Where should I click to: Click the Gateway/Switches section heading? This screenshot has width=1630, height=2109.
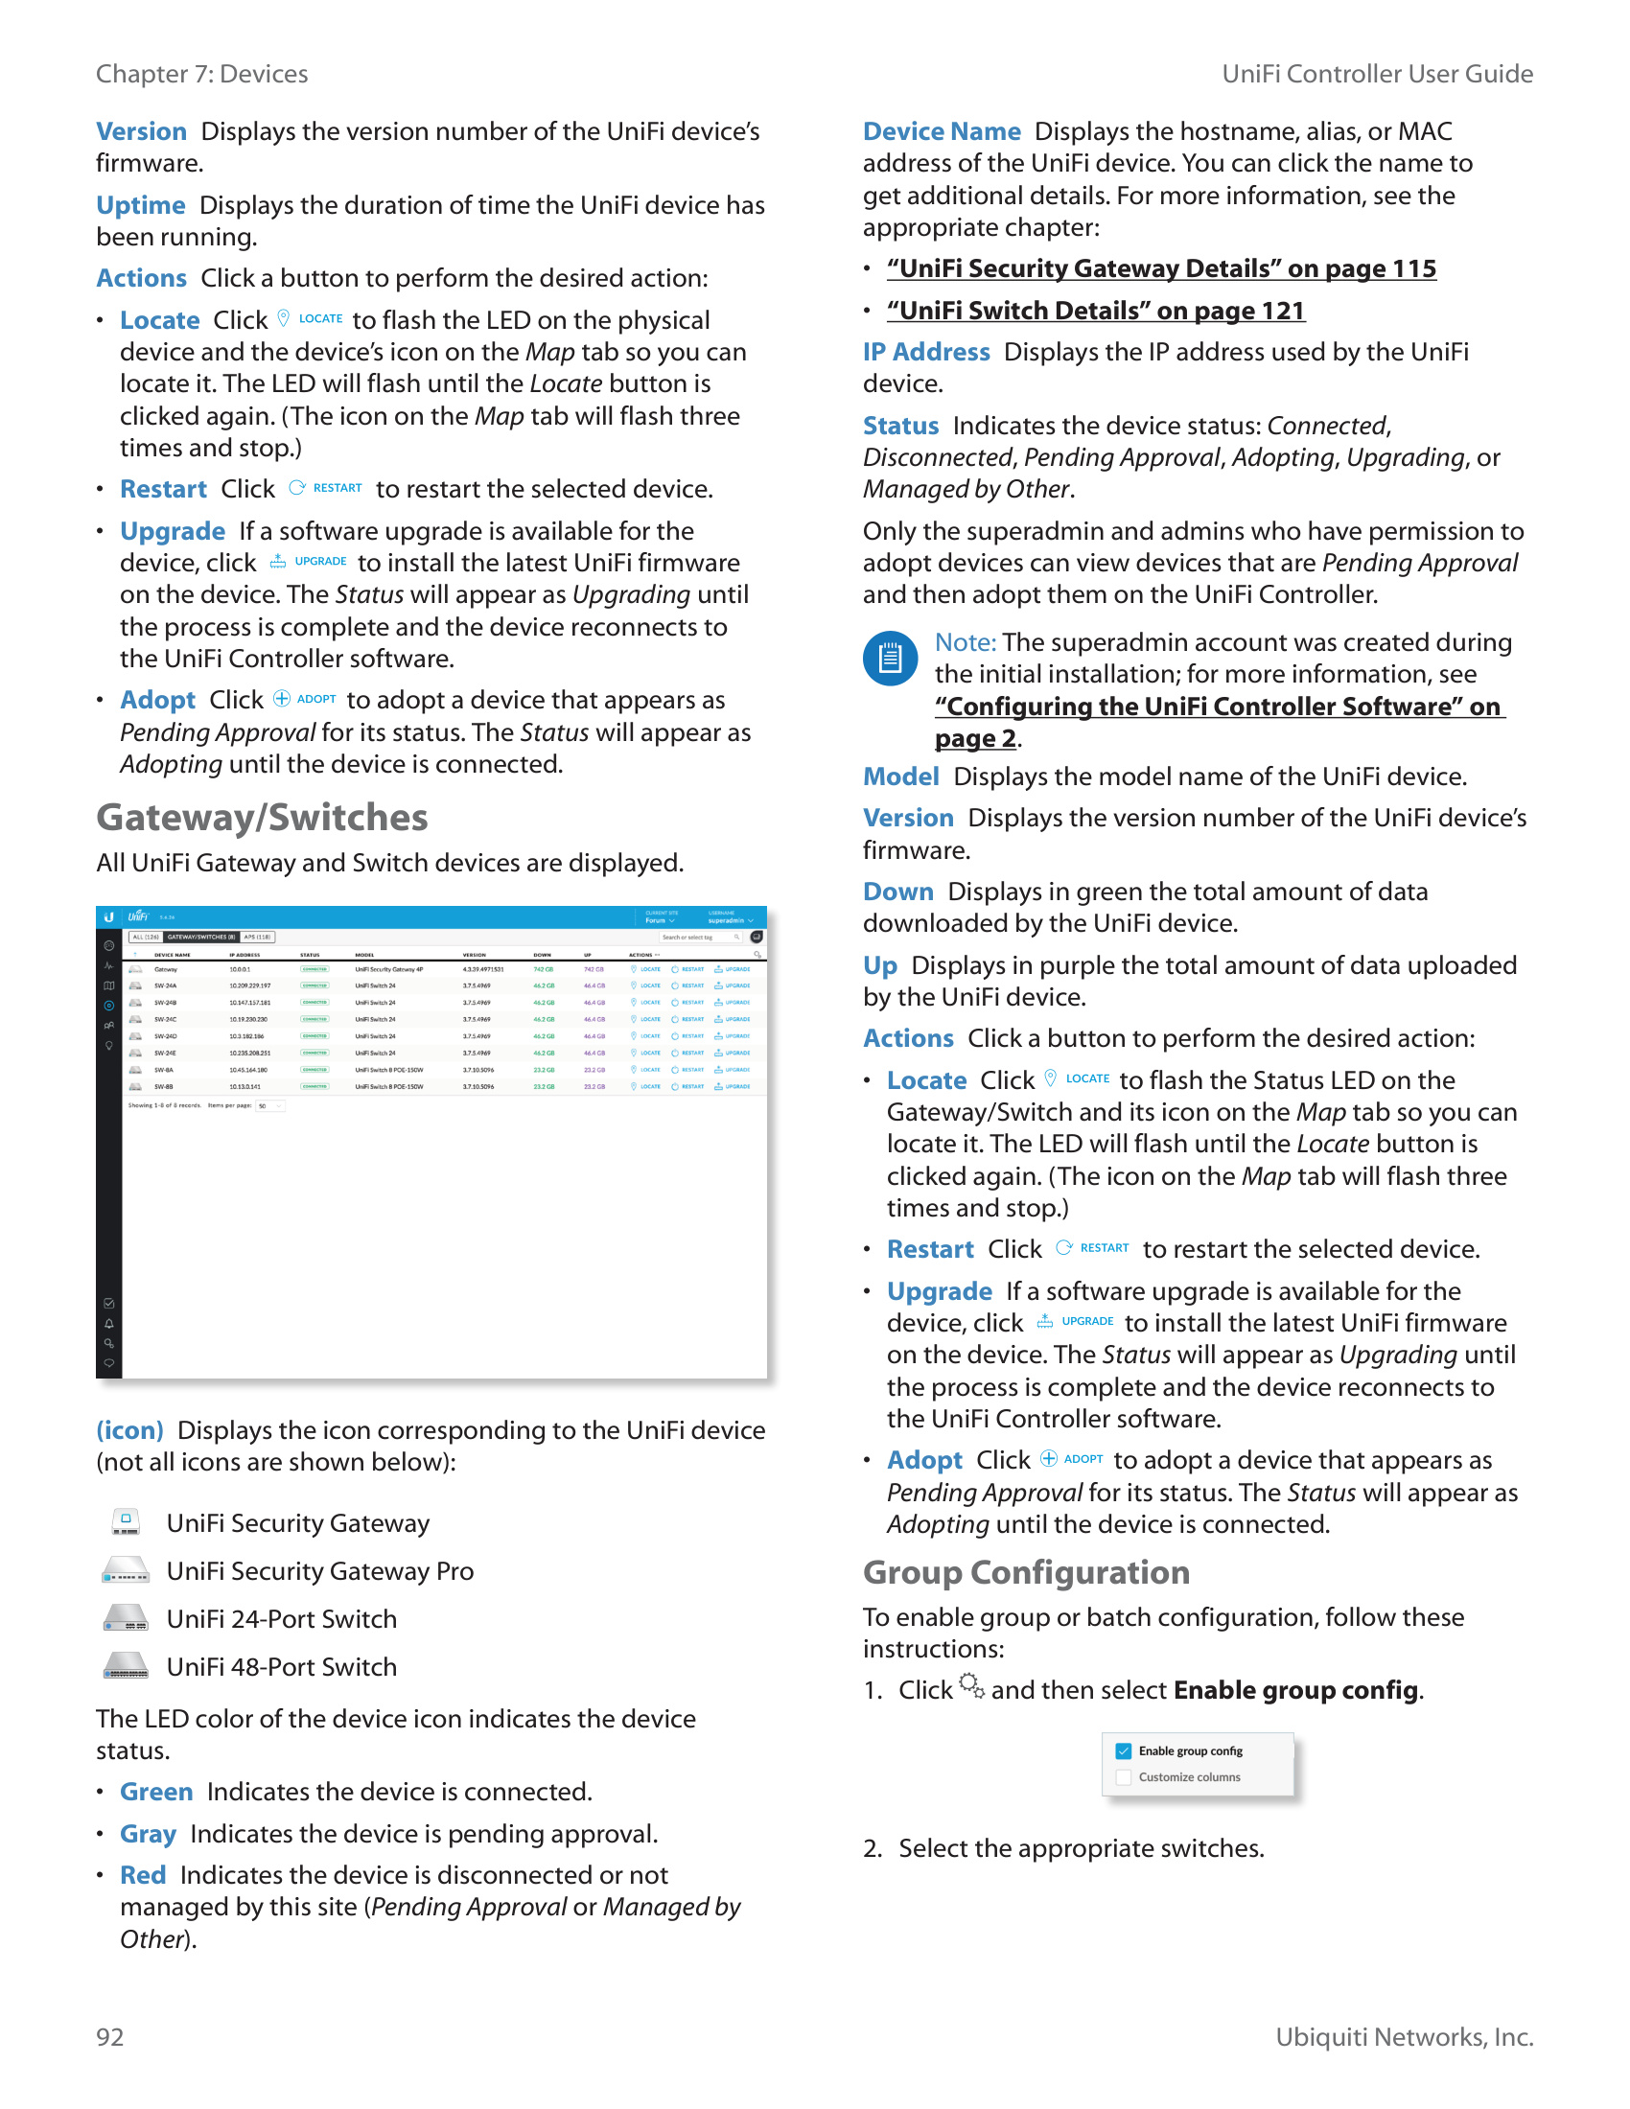click(x=262, y=818)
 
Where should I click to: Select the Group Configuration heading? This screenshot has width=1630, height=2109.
click(x=1026, y=1572)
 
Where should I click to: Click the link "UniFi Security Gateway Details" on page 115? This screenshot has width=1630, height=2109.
click(x=1161, y=268)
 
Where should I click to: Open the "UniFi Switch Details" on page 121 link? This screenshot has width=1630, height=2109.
click(x=1096, y=311)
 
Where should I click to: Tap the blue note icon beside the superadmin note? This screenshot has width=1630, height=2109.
click(x=890, y=659)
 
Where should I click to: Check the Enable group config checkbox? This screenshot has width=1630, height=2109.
click(x=1124, y=1750)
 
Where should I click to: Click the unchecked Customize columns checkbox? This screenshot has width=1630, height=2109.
click(x=1124, y=1776)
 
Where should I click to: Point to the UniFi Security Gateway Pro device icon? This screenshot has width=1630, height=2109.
click(x=126, y=1571)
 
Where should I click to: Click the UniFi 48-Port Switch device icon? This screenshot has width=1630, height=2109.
click(x=126, y=1667)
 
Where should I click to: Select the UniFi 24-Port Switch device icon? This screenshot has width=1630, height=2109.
click(x=126, y=1618)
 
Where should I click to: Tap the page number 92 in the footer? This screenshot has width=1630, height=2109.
click(x=110, y=2036)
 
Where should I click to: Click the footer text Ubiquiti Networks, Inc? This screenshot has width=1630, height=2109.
click(x=1404, y=2036)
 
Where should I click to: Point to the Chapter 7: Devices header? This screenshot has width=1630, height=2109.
click(x=201, y=75)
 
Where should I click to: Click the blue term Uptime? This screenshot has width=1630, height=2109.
click(x=141, y=206)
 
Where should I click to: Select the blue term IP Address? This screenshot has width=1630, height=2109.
click(x=926, y=353)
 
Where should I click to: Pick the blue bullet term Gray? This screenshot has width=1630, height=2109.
click(x=148, y=1834)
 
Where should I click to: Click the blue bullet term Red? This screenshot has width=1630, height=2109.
click(x=143, y=1875)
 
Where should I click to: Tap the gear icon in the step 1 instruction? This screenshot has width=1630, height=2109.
click(x=971, y=1686)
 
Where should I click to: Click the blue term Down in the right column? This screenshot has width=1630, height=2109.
click(x=898, y=892)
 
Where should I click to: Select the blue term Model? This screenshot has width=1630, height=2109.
click(x=901, y=776)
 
